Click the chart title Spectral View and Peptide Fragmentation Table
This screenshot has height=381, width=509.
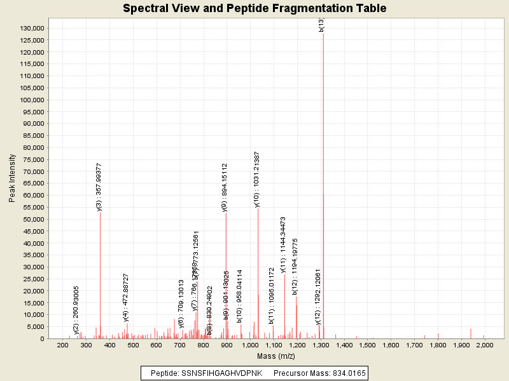tap(254, 9)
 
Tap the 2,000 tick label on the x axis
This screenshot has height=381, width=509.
tap(485, 345)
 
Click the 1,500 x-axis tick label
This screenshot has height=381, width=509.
tap(367, 345)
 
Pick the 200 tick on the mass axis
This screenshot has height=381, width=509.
tap(62, 345)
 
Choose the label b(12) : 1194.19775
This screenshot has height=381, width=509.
tap(295, 267)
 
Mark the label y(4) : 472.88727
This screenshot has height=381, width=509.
tap(126, 298)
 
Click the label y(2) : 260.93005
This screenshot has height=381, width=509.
tap(76, 310)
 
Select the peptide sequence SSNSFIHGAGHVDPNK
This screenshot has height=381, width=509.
tap(214, 373)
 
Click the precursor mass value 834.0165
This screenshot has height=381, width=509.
tap(347, 373)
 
